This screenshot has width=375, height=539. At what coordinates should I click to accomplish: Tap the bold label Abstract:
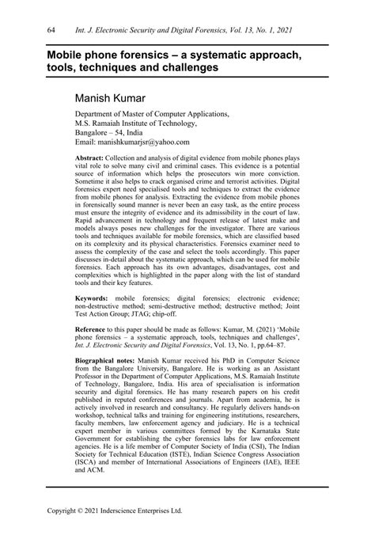click(89, 158)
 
